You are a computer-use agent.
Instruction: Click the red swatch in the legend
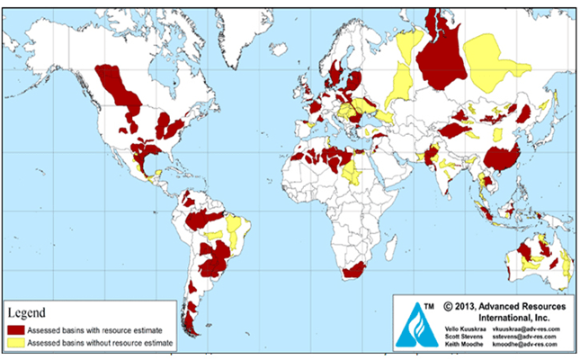(x=16, y=329)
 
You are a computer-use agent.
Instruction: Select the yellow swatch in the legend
(x=16, y=343)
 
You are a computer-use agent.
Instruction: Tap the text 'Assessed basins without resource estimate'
(x=99, y=343)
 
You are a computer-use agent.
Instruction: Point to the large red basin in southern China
(x=501, y=158)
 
